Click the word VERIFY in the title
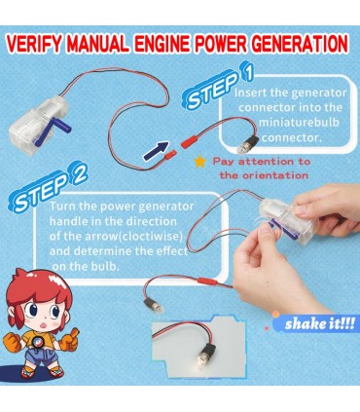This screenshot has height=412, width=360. coord(34,44)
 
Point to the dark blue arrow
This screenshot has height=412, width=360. coord(156,150)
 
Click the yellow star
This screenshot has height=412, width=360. coord(200,162)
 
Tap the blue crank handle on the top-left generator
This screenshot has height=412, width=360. coord(53,131)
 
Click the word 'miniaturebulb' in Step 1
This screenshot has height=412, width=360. coord(299,123)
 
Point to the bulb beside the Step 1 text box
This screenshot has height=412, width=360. coord(248,145)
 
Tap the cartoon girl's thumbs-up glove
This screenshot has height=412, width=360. coord(69,339)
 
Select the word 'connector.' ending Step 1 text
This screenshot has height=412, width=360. coord(292,137)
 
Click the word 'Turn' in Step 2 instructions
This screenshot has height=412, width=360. coord(62,206)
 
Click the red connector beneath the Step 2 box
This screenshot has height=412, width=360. coord(211,281)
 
